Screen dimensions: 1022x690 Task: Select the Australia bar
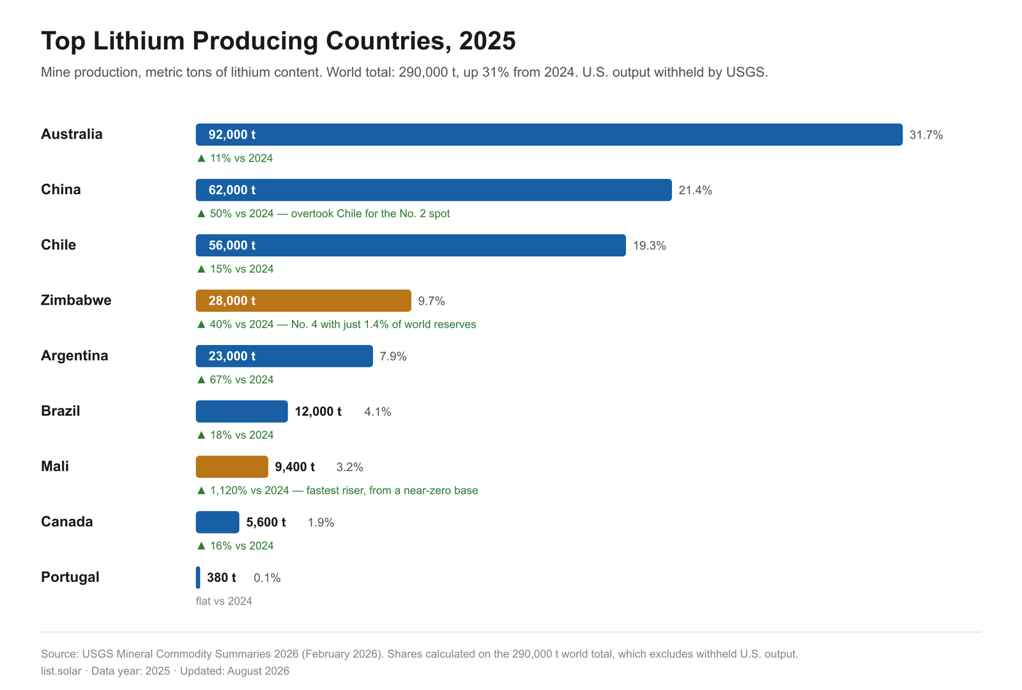(549, 135)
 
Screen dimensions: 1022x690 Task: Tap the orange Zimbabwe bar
(303, 301)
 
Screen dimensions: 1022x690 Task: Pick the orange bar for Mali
(232, 467)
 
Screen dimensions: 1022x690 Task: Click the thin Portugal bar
(198, 578)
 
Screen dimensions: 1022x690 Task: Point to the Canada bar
(217, 522)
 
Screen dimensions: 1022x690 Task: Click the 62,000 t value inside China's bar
(232, 190)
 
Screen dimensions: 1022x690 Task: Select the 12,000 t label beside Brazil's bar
(318, 411)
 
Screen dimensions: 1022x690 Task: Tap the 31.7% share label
(926, 135)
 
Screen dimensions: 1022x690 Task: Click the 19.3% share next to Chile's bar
(649, 245)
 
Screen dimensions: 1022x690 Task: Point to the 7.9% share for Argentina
(393, 356)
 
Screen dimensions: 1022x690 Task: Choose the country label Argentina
(74, 355)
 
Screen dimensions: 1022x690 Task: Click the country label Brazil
(60, 411)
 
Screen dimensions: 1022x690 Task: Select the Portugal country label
(70, 577)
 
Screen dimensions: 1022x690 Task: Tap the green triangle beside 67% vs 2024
(201, 379)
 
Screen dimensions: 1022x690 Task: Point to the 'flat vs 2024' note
(224, 601)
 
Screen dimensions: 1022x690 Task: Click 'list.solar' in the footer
(61, 671)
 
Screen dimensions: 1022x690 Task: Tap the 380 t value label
(221, 578)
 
